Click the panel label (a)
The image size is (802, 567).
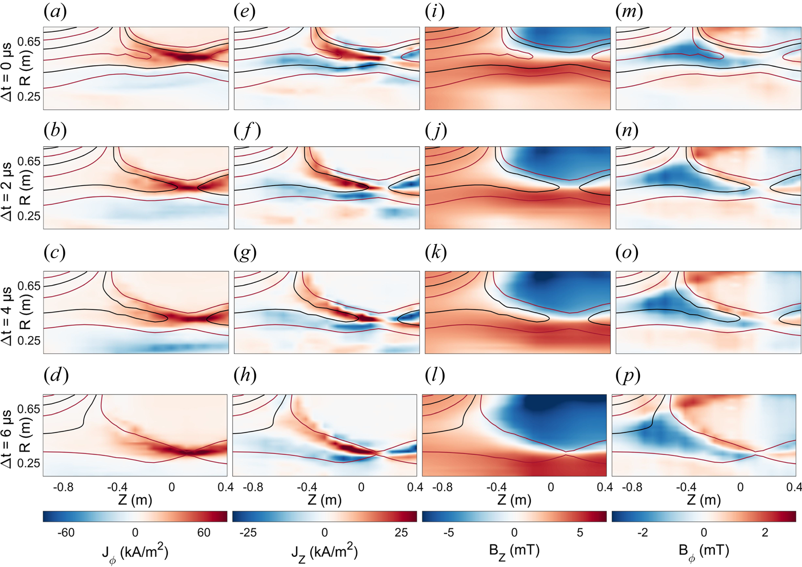click(x=55, y=12)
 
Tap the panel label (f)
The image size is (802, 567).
click(x=247, y=131)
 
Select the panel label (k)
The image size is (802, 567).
click(x=436, y=252)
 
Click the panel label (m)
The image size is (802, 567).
click(x=629, y=12)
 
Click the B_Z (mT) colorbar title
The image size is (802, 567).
click(x=514, y=551)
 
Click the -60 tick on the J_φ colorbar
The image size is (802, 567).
click(x=66, y=533)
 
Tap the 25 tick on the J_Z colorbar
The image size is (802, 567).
click(x=402, y=533)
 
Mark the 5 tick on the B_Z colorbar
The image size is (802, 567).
click(x=580, y=533)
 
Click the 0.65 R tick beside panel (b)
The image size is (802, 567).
click(x=29, y=162)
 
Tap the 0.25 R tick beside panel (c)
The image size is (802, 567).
click(x=29, y=340)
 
